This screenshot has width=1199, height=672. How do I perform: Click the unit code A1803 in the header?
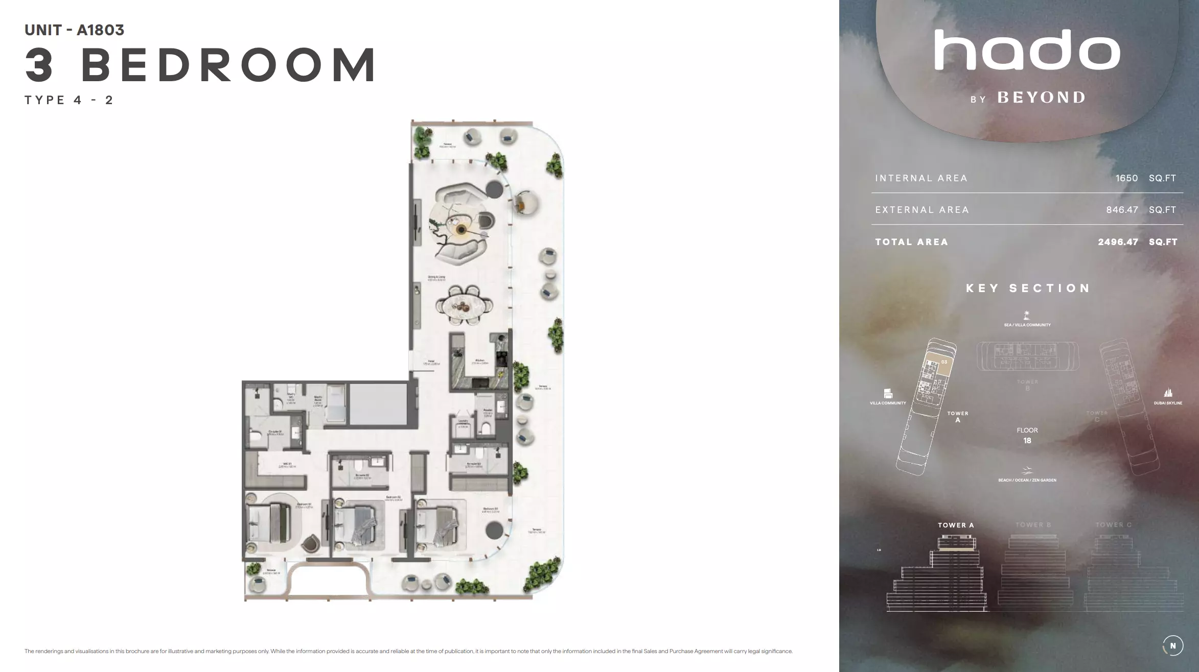pos(100,30)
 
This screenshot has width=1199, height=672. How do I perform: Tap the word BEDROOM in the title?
pos(229,65)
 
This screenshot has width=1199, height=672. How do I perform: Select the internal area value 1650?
pos(1126,178)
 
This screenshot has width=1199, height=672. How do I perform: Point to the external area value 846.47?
pos(1122,210)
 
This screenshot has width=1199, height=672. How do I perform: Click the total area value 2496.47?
pos(1118,242)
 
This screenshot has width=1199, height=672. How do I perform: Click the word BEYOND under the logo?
pos(1042,98)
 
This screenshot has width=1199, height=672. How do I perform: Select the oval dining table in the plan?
pos(465,305)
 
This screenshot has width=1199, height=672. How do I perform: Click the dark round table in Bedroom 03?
pos(493,530)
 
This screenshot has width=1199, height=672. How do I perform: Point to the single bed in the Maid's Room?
pos(336,403)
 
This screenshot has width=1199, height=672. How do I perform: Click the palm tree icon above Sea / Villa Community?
pos(1026,315)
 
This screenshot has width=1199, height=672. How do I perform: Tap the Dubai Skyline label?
pos(1168,403)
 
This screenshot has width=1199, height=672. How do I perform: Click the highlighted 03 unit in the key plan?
pos(944,362)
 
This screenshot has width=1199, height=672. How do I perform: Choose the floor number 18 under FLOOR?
pos(1027,441)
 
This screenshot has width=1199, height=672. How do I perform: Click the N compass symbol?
pos(1172,645)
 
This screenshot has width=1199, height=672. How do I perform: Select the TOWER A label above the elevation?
pos(956,525)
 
